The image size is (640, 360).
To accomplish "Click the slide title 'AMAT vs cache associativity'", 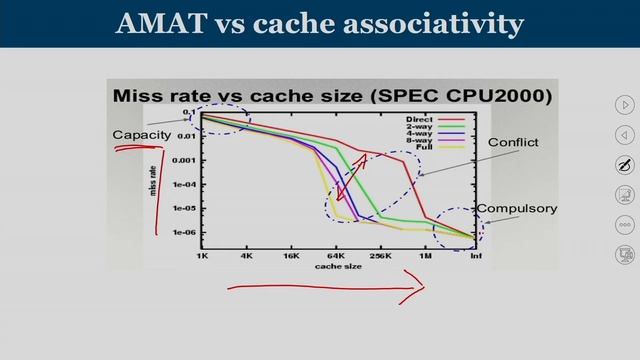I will pos(320,23).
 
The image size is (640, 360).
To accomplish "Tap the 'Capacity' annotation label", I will pos(138,135).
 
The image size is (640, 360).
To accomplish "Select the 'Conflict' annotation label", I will pos(513,143).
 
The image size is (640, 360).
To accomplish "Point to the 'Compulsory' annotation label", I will pos(516,209).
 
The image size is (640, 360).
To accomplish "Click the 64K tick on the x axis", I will pos(336,256).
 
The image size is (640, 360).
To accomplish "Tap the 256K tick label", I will pos(380,256).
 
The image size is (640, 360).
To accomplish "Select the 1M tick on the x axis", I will pos(427,256).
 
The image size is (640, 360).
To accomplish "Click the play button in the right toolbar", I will pos(625,104).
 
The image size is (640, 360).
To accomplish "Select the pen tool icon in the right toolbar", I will pos(625,164).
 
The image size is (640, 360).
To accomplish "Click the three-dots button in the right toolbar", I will pos(625,224).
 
